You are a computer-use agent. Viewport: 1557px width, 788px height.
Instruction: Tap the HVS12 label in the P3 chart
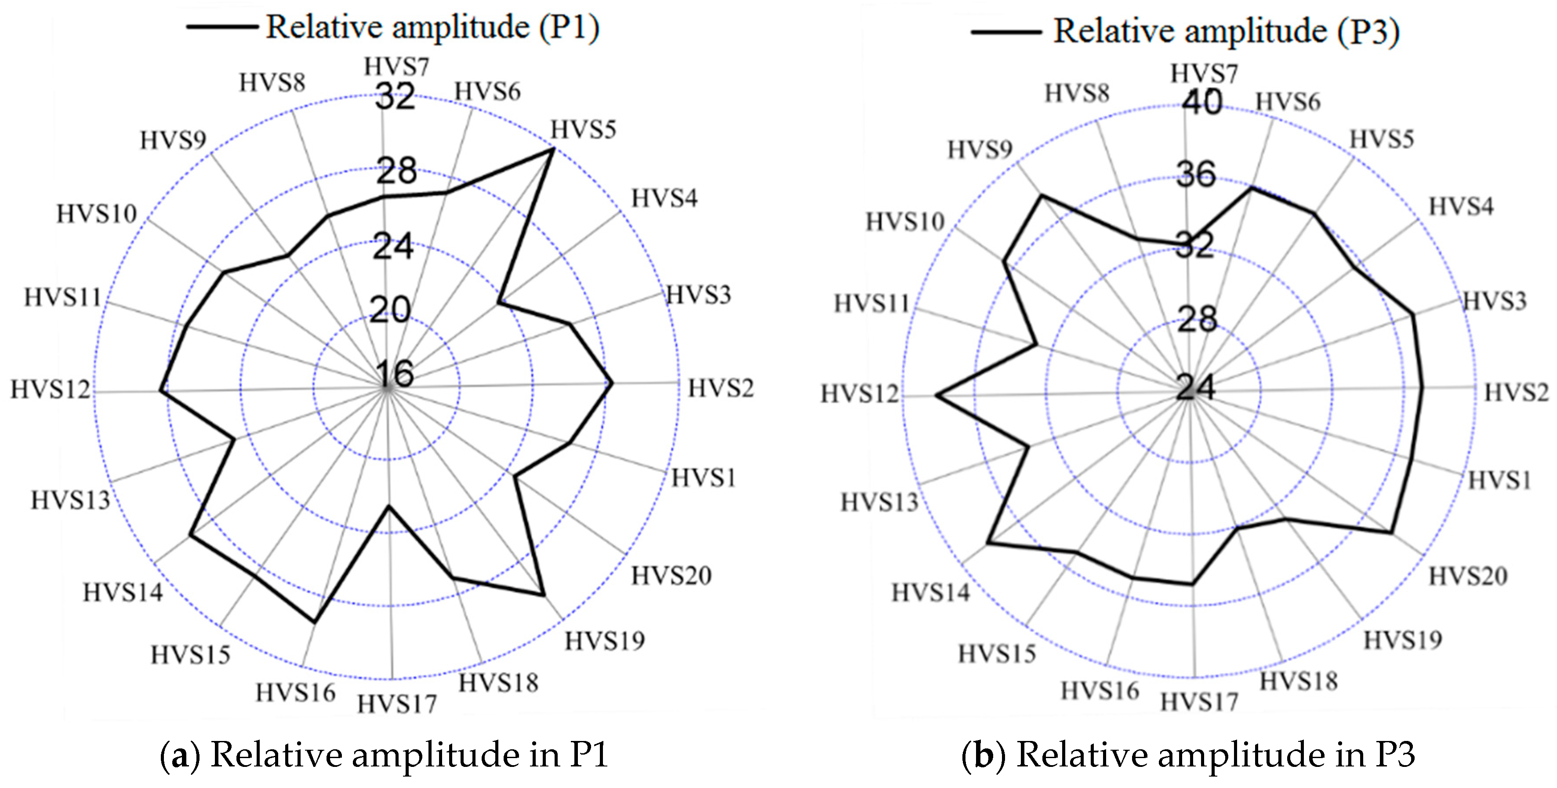point(860,394)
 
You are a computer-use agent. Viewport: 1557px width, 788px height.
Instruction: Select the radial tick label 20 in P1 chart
point(391,309)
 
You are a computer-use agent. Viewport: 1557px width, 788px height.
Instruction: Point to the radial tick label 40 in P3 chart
point(1202,102)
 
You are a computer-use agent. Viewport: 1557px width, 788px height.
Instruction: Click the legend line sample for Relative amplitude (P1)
point(222,27)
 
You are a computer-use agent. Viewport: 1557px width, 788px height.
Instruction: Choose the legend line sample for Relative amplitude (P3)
point(1006,32)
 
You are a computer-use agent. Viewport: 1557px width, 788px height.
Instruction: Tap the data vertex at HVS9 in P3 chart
point(1041,195)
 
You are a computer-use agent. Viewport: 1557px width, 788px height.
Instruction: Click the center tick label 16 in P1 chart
point(395,374)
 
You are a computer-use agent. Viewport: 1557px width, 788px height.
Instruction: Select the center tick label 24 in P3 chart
point(1195,388)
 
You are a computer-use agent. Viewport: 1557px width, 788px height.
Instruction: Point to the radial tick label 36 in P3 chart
point(1196,174)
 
